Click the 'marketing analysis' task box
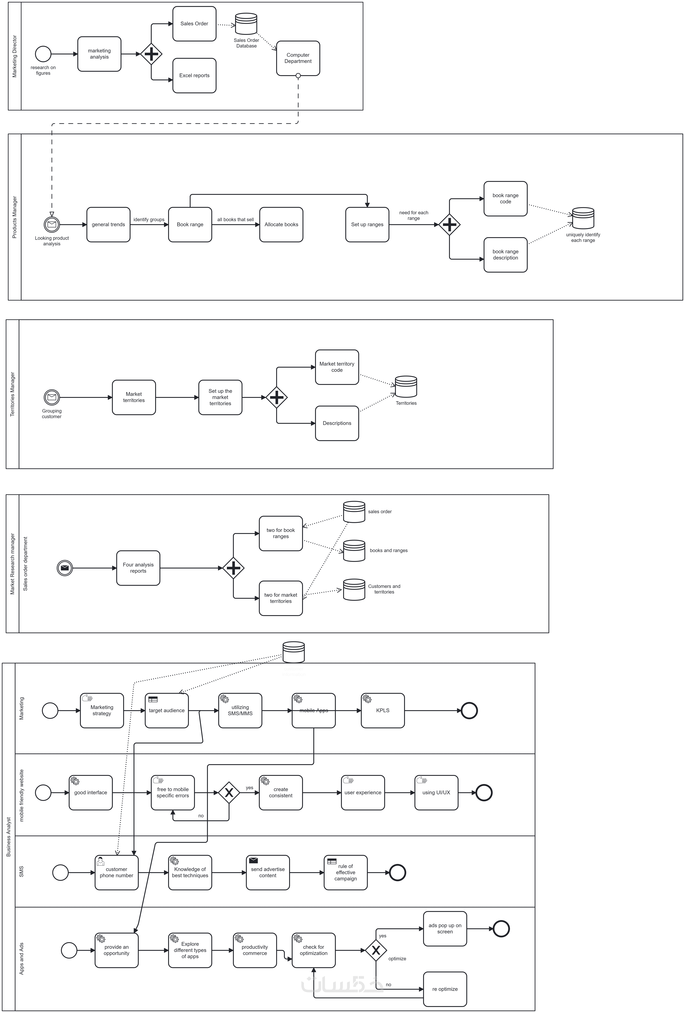coord(99,54)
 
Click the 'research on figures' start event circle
coord(43,54)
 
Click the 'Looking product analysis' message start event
coord(52,224)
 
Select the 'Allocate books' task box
coord(281,224)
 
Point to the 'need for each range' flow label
coord(413,215)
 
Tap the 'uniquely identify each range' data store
coord(583,218)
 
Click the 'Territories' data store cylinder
coord(406,387)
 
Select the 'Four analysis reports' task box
coord(138,568)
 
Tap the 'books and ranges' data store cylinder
coord(354,551)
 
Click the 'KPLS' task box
coord(383,710)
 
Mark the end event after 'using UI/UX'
coord(484,792)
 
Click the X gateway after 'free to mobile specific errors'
coord(229,792)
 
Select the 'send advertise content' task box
coord(268,872)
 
